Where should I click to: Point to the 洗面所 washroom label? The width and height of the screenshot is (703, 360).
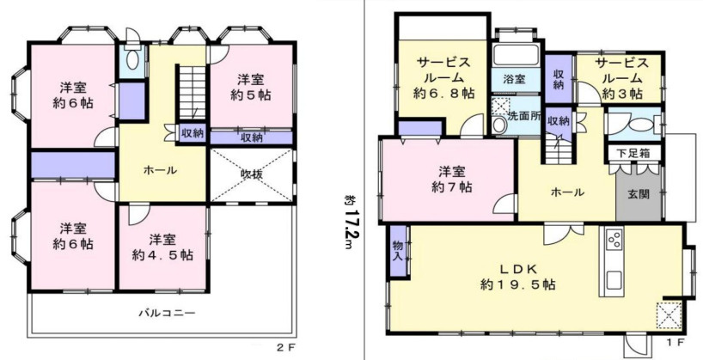(x=524, y=114)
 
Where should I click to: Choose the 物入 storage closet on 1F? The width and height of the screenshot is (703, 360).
(x=398, y=250)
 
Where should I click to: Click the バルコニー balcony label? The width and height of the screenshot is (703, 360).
(x=168, y=313)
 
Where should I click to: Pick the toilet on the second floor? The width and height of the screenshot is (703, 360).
(x=132, y=59)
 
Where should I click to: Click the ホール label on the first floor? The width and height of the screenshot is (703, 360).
(x=567, y=192)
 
